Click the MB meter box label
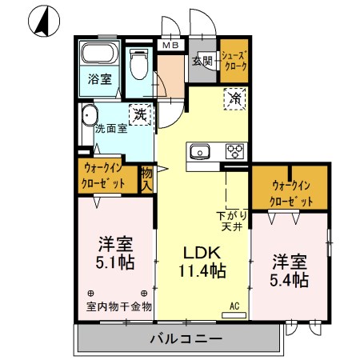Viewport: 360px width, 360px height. [170, 46]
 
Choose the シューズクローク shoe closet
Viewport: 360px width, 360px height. [234, 61]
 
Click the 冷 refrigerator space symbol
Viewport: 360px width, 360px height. [235, 100]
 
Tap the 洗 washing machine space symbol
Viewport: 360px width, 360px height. [141, 115]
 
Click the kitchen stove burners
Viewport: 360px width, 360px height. [234, 151]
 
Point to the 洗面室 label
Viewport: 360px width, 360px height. [110, 128]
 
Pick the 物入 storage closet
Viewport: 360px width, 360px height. [146, 177]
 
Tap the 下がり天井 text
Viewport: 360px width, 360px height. [232, 220]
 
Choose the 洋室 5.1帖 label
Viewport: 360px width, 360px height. [114, 252]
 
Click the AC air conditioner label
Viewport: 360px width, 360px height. [235, 305]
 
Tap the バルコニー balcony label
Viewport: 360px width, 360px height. [186, 339]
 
